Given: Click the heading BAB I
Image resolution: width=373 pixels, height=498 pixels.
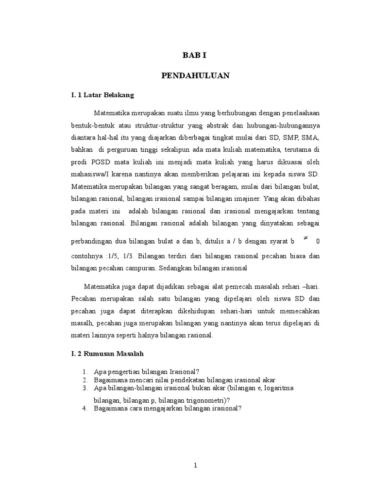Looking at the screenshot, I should (x=195, y=55).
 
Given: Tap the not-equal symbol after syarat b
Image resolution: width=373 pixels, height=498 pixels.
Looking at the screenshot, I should (x=305, y=238).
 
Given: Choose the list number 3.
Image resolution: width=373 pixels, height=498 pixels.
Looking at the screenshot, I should (x=84, y=388).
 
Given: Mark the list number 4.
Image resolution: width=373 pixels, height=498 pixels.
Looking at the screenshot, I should (x=84, y=409).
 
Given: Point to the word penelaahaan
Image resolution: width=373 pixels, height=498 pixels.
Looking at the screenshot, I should (x=298, y=113).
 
